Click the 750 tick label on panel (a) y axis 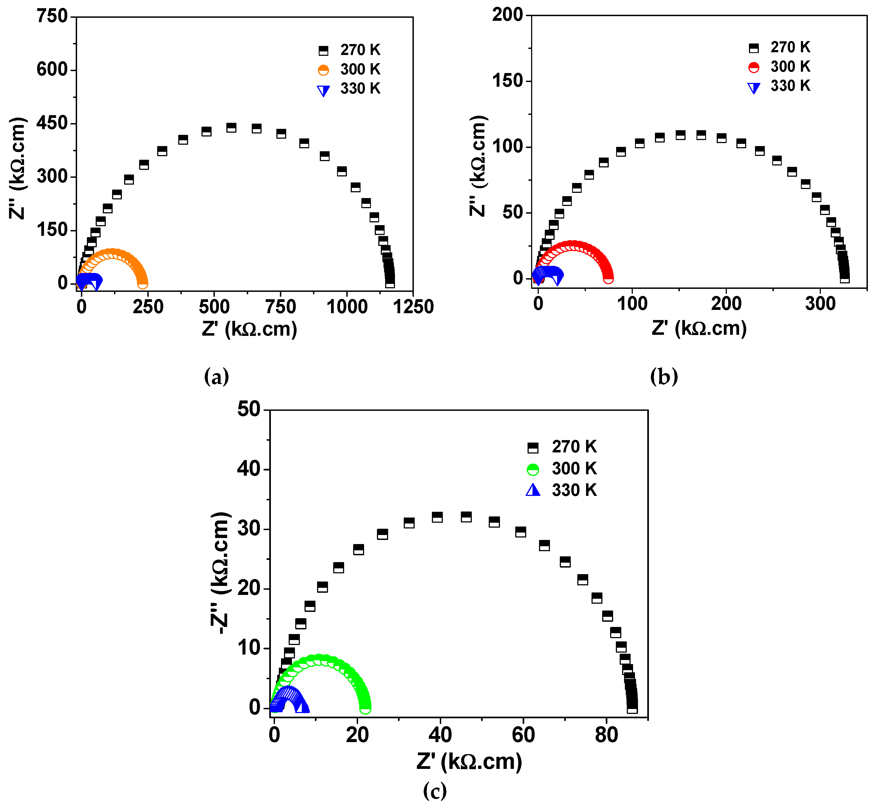point(52,17)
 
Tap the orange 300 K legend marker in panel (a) point(323,70)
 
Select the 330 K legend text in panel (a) point(360,89)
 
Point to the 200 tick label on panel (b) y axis point(507,15)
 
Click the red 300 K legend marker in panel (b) point(754,67)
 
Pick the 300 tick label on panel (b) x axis point(820,304)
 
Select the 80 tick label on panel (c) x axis point(606,735)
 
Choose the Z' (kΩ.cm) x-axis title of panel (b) point(699,329)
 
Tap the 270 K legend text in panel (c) point(574,447)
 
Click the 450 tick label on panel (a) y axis point(52,123)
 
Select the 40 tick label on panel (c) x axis point(440,735)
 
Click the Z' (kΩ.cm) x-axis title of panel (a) point(250,329)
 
